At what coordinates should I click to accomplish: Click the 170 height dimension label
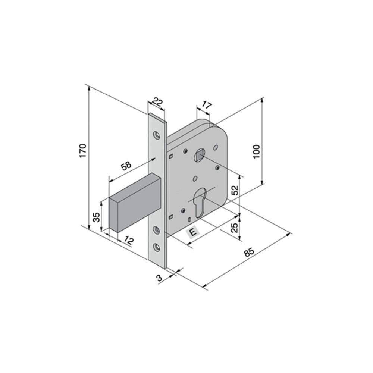pyautogui.click(x=82, y=151)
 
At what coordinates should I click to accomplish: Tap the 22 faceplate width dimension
pyautogui.click(x=157, y=103)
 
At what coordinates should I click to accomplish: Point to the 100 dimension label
pyautogui.click(x=257, y=151)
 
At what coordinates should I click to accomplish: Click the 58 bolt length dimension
pyautogui.click(x=126, y=165)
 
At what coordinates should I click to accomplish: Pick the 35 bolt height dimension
pyautogui.click(x=96, y=217)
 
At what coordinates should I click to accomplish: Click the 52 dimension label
pyautogui.click(x=235, y=190)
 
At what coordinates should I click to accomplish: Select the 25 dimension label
pyautogui.click(x=235, y=228)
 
